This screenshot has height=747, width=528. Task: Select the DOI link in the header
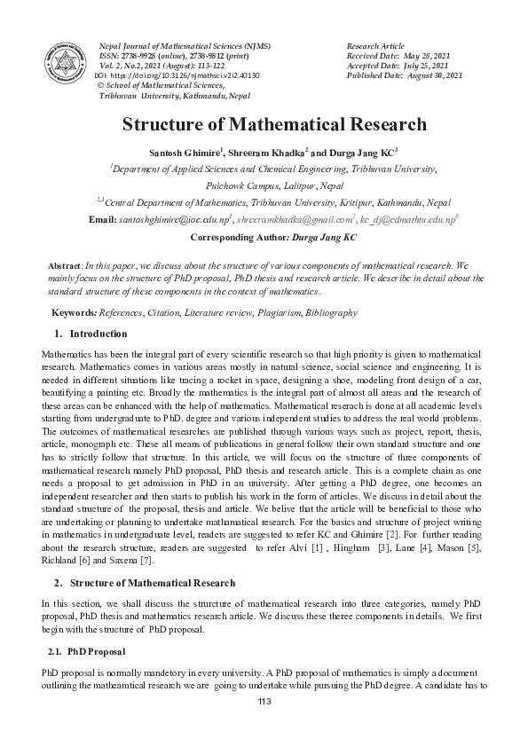(177, 76)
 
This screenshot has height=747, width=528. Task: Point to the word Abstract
(63, 265)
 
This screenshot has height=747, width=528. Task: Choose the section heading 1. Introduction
(91, 334)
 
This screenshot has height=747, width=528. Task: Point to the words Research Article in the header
(374, 45)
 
